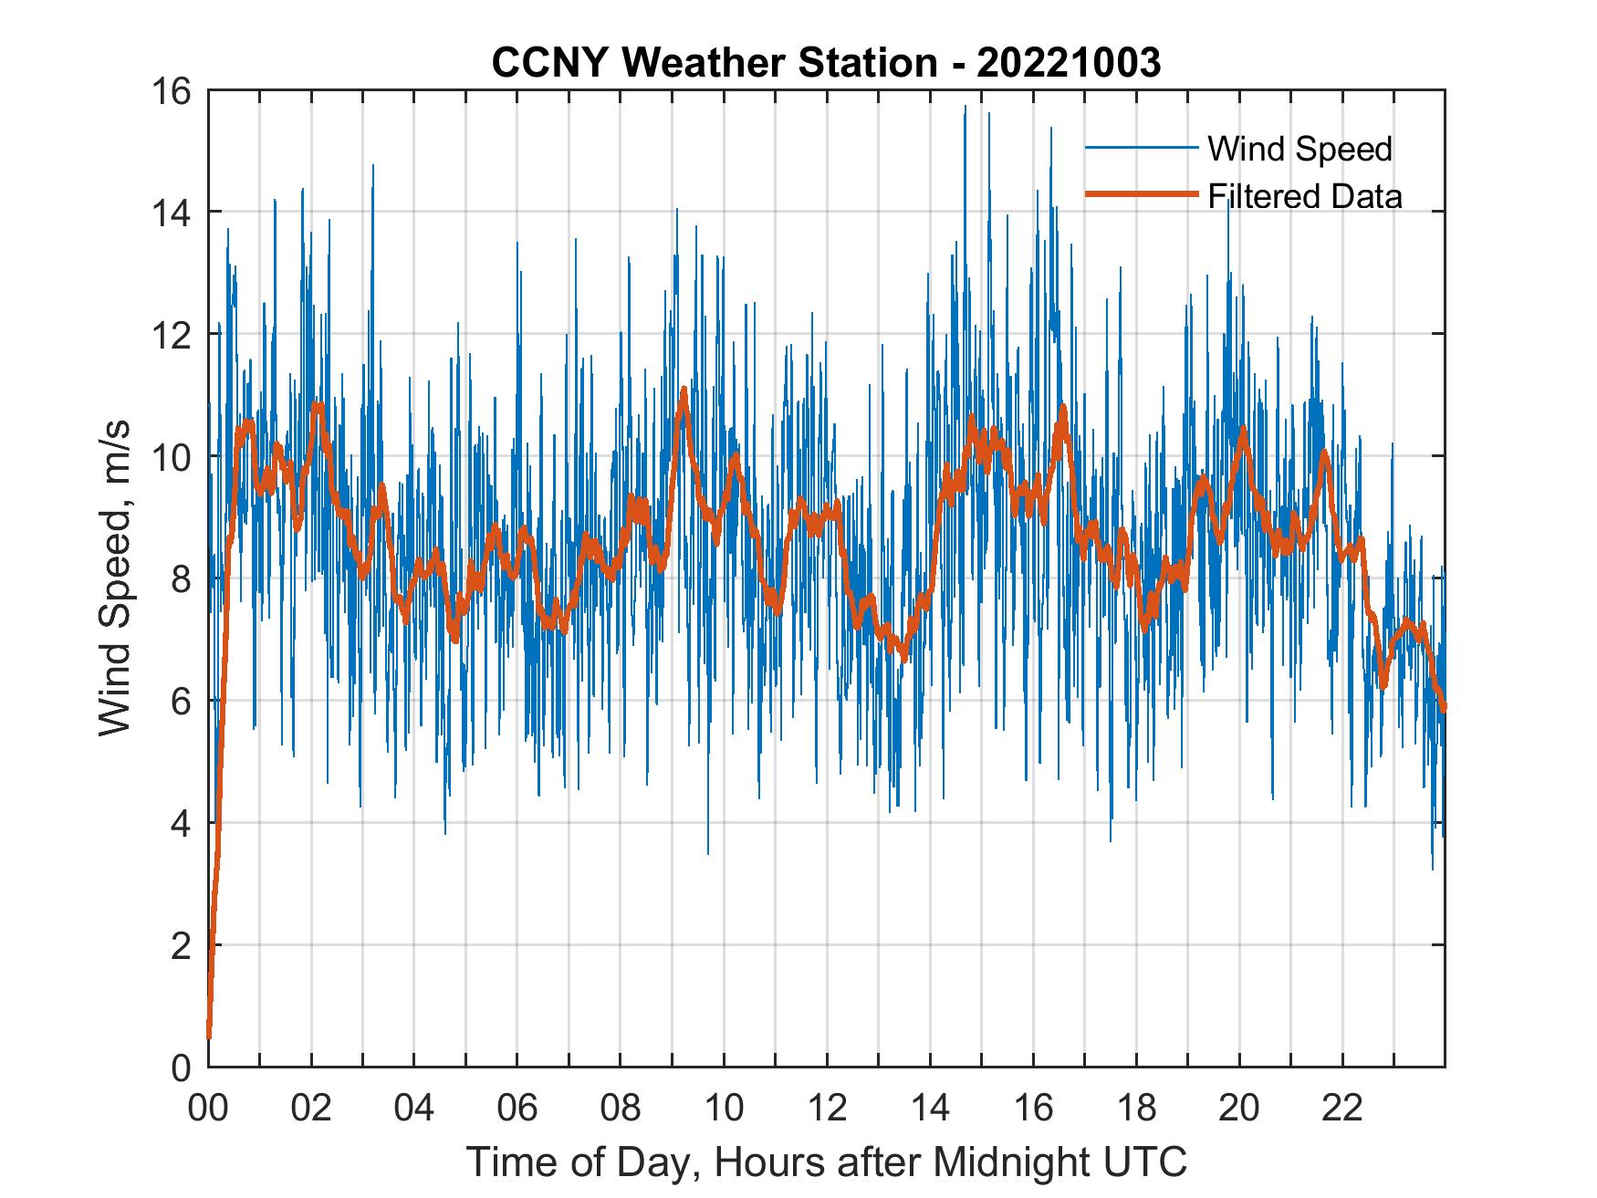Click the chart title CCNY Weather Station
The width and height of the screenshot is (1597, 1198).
[715, 62]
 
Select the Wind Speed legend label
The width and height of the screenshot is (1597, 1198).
[1300, 149]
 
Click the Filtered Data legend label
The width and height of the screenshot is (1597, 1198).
[1304, 196]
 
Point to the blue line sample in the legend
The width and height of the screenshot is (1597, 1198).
[1141, 148]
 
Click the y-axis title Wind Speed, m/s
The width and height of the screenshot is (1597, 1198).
[115, 578]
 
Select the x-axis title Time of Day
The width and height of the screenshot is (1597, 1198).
[827, 1162]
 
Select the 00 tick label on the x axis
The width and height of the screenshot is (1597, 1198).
[208, 1108]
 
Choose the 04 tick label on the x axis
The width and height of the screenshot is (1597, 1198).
[414, 1108]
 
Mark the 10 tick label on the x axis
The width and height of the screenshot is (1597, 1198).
[724, 1108]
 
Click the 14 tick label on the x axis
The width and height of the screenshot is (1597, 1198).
[930, 1108]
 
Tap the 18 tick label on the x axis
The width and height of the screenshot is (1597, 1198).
[1136, 1108]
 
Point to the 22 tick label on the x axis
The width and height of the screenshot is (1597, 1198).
[1342, 1108]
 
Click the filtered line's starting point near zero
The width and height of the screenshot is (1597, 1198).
[210, 1036]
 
